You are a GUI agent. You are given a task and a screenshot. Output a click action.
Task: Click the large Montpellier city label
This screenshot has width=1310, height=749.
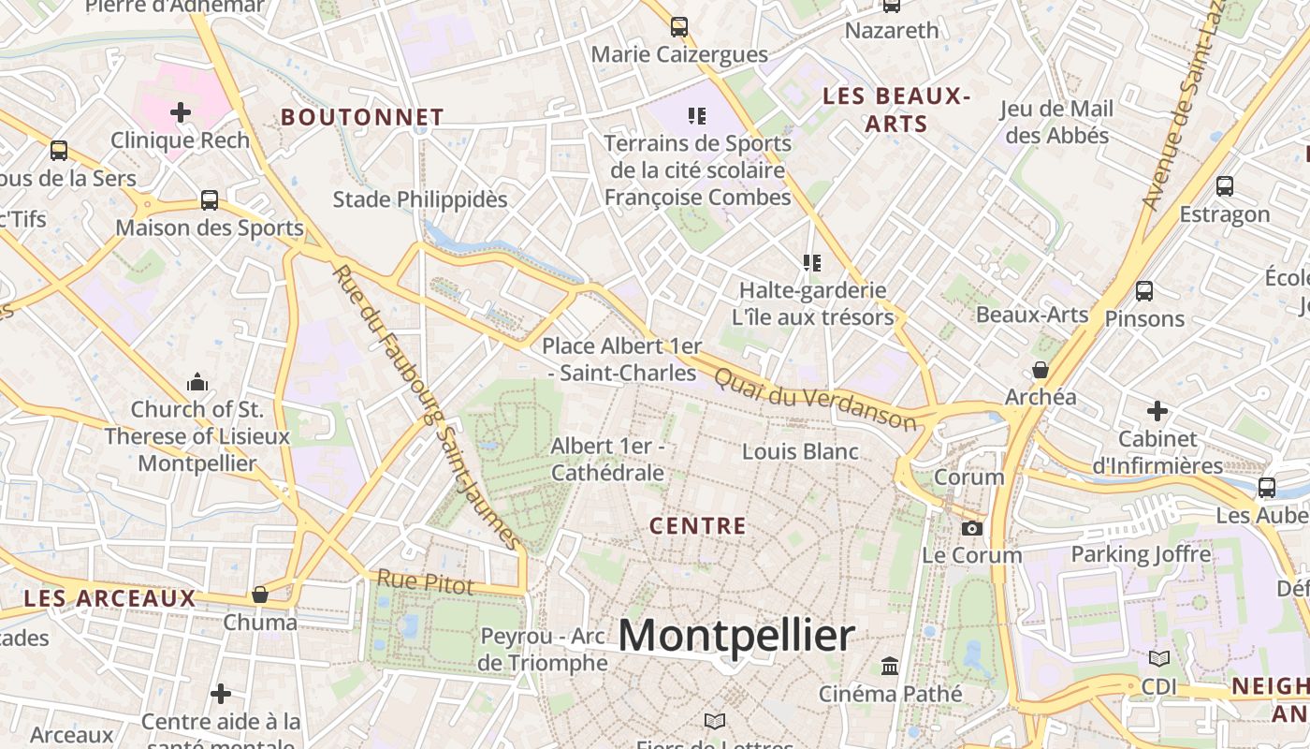pyautogui.click(x=735, y=637)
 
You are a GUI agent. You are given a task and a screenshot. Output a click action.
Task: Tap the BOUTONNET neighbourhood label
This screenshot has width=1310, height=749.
pyautogui.click(x=362, y=117)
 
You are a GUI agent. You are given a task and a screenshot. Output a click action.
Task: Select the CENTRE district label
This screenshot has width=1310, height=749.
pyautogui.click(x=698, y=526)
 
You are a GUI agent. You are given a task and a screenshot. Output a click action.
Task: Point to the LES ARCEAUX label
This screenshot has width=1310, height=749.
pyautogui.click(x=109, y=598)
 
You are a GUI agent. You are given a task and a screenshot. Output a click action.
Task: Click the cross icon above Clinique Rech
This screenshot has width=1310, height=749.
pyautogui.click(x=181, y=113)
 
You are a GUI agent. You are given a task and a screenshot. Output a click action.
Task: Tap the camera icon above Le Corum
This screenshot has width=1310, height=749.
pyautogui.click(x=972, y=528)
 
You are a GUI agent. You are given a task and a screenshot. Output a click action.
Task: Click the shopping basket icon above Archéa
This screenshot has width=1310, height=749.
pyautogui.click(x=1040, y=370)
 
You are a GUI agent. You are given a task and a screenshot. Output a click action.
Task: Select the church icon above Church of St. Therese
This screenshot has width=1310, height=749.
pyautogui.click(x=197, y=382)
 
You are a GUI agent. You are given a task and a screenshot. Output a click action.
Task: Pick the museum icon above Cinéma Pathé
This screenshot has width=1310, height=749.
pyautogui.click(x=890, y=667)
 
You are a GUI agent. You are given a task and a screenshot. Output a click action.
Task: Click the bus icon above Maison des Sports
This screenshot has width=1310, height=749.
pyautogui.click(x=210, y=200)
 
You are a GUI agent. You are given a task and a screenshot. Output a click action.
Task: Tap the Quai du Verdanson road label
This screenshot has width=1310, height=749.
pyautogui.click(x=815, y=399)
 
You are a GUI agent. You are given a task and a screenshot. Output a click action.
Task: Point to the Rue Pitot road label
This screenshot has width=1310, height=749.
pyautogui.click(x=425, y=582)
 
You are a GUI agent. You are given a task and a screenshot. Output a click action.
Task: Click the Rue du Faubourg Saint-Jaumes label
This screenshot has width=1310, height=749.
pyautogui.click(x=427, y=407)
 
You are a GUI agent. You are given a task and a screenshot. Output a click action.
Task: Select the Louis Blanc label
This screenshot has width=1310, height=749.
pyautogui.click(x=800, y=451)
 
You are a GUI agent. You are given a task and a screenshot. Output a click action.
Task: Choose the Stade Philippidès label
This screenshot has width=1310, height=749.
pyautogui.click(x=420, y=199)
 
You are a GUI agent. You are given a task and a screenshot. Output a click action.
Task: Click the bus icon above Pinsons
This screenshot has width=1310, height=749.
pyautogui.click(x=1143, y=291)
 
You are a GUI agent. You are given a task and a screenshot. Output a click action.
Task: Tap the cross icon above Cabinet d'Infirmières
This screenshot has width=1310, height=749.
pyautogui.click(x=1157, y=411)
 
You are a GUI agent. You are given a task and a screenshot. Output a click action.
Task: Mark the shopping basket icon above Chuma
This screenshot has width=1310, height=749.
pyautogui.click(x=260, y=595)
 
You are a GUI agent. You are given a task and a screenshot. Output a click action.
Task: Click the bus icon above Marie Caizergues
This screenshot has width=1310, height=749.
pyautogui.click(x=679, y=27)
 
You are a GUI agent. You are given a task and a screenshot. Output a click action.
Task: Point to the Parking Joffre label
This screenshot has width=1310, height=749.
pyautogui.click(x=1141, y=553)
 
